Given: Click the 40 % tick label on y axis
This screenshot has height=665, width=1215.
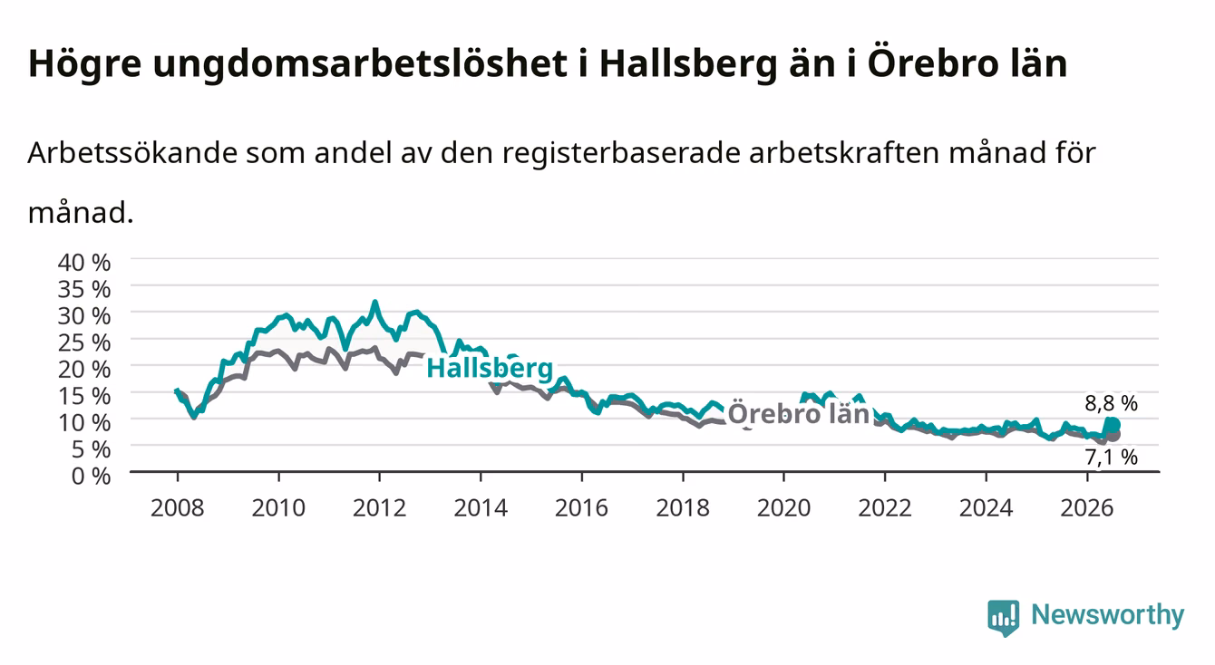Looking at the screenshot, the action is [x=84, y=263].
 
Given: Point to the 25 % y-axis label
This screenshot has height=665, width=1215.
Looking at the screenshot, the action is [x=84, y=342].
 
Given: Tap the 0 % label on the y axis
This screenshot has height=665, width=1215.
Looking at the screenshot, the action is [x=91, y=476].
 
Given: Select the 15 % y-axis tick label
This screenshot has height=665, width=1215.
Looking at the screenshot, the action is [x=84, y=396].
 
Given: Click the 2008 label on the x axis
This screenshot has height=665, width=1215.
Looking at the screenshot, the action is [x=178, y=508].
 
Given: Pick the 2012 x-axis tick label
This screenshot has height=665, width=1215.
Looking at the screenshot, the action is [x=380, y=508].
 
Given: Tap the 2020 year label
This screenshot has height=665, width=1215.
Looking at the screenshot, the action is [x=783, y=508].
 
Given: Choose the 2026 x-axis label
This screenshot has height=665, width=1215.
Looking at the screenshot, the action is [x=1087, y=508].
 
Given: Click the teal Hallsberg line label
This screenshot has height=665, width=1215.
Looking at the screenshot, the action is [x=490, y=368].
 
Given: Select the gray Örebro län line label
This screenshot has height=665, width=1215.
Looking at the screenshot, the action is [x=799, y=414].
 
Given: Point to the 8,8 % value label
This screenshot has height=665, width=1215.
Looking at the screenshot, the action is [x=1111, y=403].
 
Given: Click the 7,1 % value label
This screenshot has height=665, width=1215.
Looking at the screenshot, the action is [x=1111, y=458].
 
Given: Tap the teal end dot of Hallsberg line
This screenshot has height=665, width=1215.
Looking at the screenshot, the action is [x=1113, y=425].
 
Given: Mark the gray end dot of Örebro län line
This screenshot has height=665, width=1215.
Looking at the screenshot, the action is [x=1113, y=435].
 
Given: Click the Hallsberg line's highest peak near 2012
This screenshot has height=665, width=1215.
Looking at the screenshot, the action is [x=374, y=302].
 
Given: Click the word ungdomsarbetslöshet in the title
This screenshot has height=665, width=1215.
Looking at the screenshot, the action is [x=360, y=64].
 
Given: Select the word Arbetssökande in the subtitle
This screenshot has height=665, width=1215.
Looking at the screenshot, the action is [x=132, y=153].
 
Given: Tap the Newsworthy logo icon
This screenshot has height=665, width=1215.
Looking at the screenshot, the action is [x=1004, y=618].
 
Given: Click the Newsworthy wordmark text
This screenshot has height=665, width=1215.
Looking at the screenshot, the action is [x=1108, y=615].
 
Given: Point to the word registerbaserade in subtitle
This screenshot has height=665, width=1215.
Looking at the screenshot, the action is [x=621, y=153].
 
